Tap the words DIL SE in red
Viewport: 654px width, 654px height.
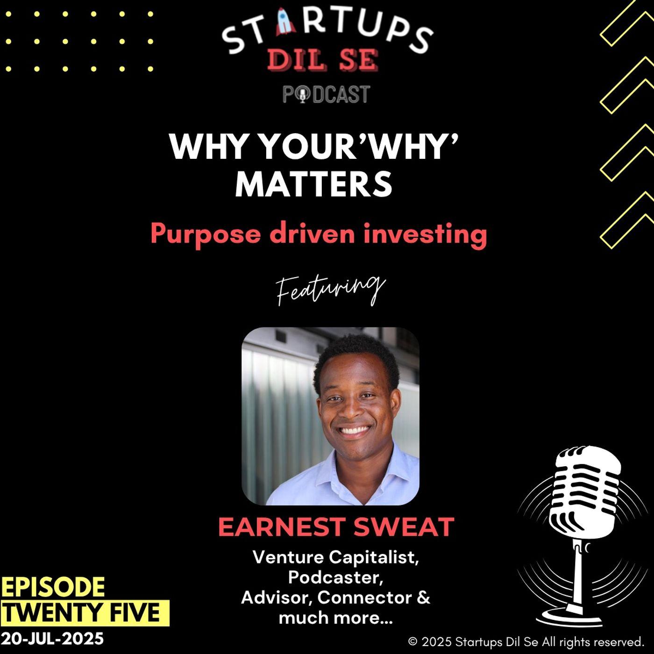(322, 60)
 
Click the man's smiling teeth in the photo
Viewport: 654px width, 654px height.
(354, 431)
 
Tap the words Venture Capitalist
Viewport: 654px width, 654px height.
(336, 558)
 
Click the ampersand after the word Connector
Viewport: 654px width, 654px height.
(423, 597)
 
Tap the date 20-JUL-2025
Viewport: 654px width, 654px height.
(52, 639)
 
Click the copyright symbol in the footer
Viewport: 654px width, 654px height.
(412, 642)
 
